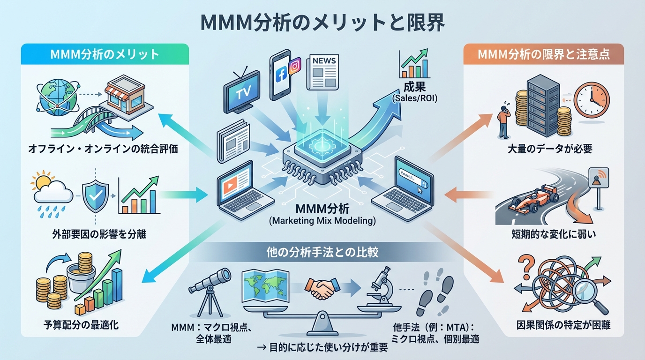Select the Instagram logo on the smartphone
coord(294,67)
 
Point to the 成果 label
coord(413,87)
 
